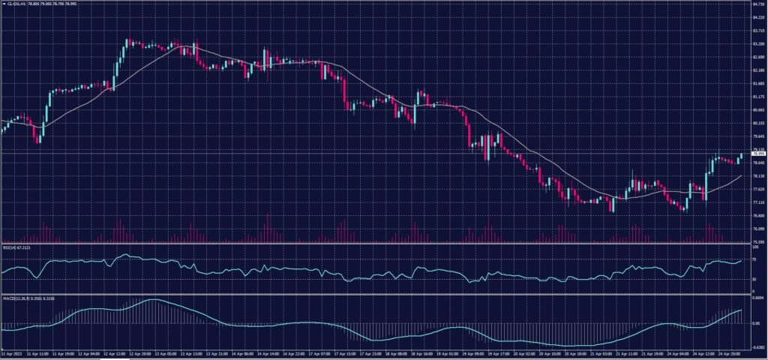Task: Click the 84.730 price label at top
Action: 756,4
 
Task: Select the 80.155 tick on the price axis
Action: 756,123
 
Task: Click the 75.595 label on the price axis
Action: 756,241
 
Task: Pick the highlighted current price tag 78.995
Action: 756,153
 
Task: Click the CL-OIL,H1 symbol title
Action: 16,4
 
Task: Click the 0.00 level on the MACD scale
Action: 754,323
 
